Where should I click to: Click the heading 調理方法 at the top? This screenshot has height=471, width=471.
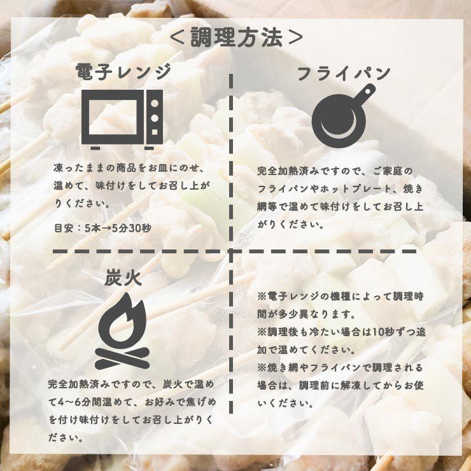tap(236, 38)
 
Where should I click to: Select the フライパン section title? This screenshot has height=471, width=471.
tap(344, 73)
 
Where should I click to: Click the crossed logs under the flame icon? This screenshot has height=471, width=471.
tap(122, 358)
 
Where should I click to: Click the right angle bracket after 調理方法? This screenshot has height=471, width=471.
tap(293, 38)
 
